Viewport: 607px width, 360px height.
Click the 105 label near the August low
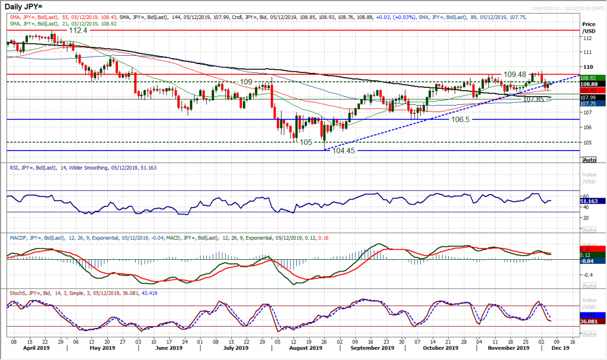coord(305,142)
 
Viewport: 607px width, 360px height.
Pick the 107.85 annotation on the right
coord(533,99)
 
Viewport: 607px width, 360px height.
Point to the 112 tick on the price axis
coord(586,38)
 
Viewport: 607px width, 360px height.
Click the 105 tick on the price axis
coord(586,142)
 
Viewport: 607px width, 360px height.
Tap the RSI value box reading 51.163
coord(593,202)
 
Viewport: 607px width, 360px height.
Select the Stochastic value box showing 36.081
coord(593,321)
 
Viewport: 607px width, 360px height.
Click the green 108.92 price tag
coord(593,78)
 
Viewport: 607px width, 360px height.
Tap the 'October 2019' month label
coord(440,351)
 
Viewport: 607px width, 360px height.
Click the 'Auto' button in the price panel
coord(589,160)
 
